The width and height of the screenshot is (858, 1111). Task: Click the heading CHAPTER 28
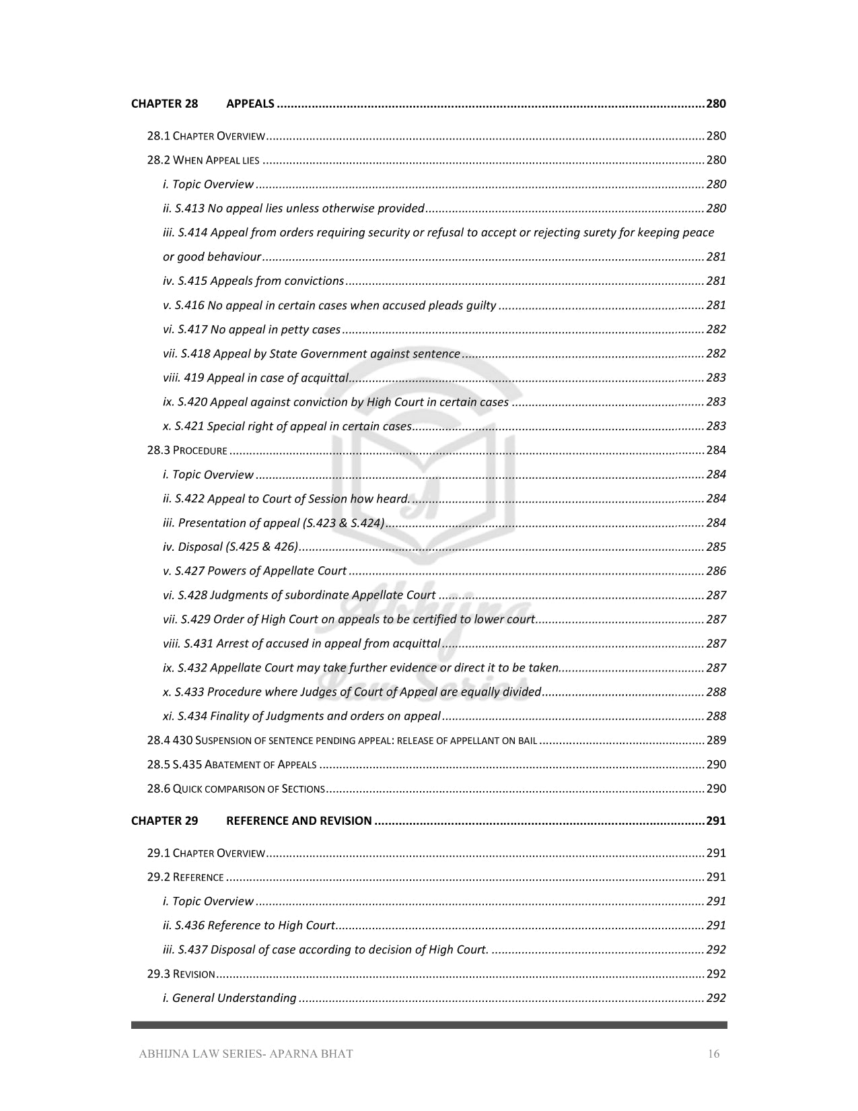point(164,104)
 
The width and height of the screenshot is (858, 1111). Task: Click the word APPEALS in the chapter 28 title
point(250,104)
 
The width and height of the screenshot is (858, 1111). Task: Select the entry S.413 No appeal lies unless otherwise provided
point(293,208)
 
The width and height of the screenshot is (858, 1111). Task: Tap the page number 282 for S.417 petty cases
point(716,329)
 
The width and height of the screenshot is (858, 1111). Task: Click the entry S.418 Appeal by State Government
point(312,353)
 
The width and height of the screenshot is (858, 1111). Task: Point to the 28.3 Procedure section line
point(187,450)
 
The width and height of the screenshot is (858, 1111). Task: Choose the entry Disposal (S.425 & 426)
point(230,547)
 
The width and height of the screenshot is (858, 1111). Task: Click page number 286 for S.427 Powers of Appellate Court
point(716,571)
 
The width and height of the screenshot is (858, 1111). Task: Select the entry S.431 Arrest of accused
point(301,644)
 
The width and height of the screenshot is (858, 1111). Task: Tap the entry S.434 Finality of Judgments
point(301,716)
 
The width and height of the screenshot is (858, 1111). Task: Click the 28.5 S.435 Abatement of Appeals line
point(231,765)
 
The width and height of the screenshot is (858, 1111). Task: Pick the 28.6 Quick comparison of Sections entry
point(236,789)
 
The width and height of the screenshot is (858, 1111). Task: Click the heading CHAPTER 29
point(164,821)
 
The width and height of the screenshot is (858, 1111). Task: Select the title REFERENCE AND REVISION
point(299,821)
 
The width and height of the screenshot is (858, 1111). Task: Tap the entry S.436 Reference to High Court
point(249,926)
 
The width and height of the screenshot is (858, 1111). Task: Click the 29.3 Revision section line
point(181,974)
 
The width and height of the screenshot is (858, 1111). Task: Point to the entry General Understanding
point(229,999)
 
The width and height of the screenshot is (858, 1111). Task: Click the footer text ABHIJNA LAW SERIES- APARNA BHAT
point(246,1054)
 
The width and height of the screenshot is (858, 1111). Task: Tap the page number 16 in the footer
point(713,1054)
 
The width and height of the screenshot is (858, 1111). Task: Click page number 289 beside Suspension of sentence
point(716,741)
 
